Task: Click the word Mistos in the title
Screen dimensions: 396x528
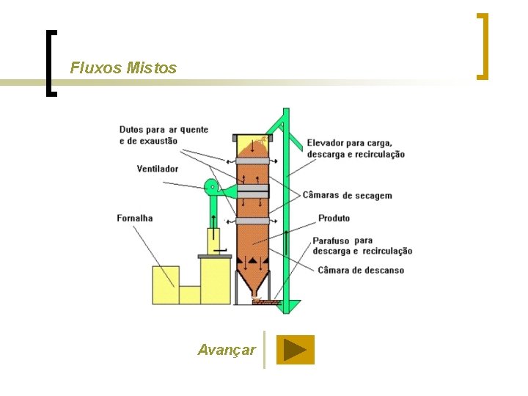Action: pos(152,68)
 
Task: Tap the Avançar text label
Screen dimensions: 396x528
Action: pos(227,350)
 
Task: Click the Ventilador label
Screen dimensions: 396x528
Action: pos(157,169)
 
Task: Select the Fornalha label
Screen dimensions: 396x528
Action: pos(135,218)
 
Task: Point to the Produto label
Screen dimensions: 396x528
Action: pos(334,219)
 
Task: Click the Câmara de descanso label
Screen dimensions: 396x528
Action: pos(361,270)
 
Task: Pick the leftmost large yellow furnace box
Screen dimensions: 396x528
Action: pos(165,285)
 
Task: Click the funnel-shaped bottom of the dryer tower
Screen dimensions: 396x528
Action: pos(254,283)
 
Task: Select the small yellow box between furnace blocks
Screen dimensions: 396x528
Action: pos(190,295)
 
